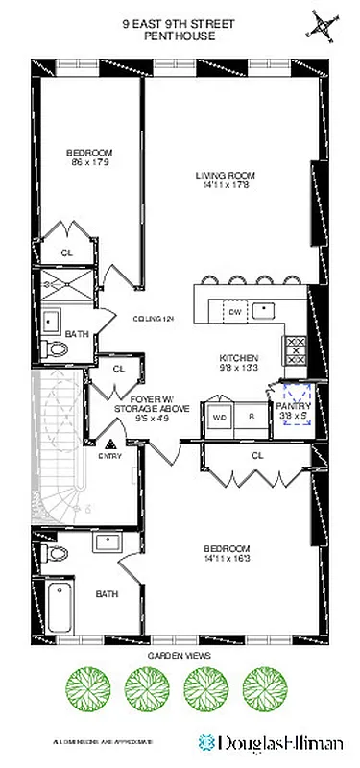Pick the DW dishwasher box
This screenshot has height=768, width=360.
(233, 310)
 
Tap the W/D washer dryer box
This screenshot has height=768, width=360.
(220, 417)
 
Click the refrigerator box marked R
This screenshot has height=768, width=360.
(252, 417)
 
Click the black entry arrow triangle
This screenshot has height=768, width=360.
(111, 444)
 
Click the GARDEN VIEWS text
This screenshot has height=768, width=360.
(179, 657)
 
